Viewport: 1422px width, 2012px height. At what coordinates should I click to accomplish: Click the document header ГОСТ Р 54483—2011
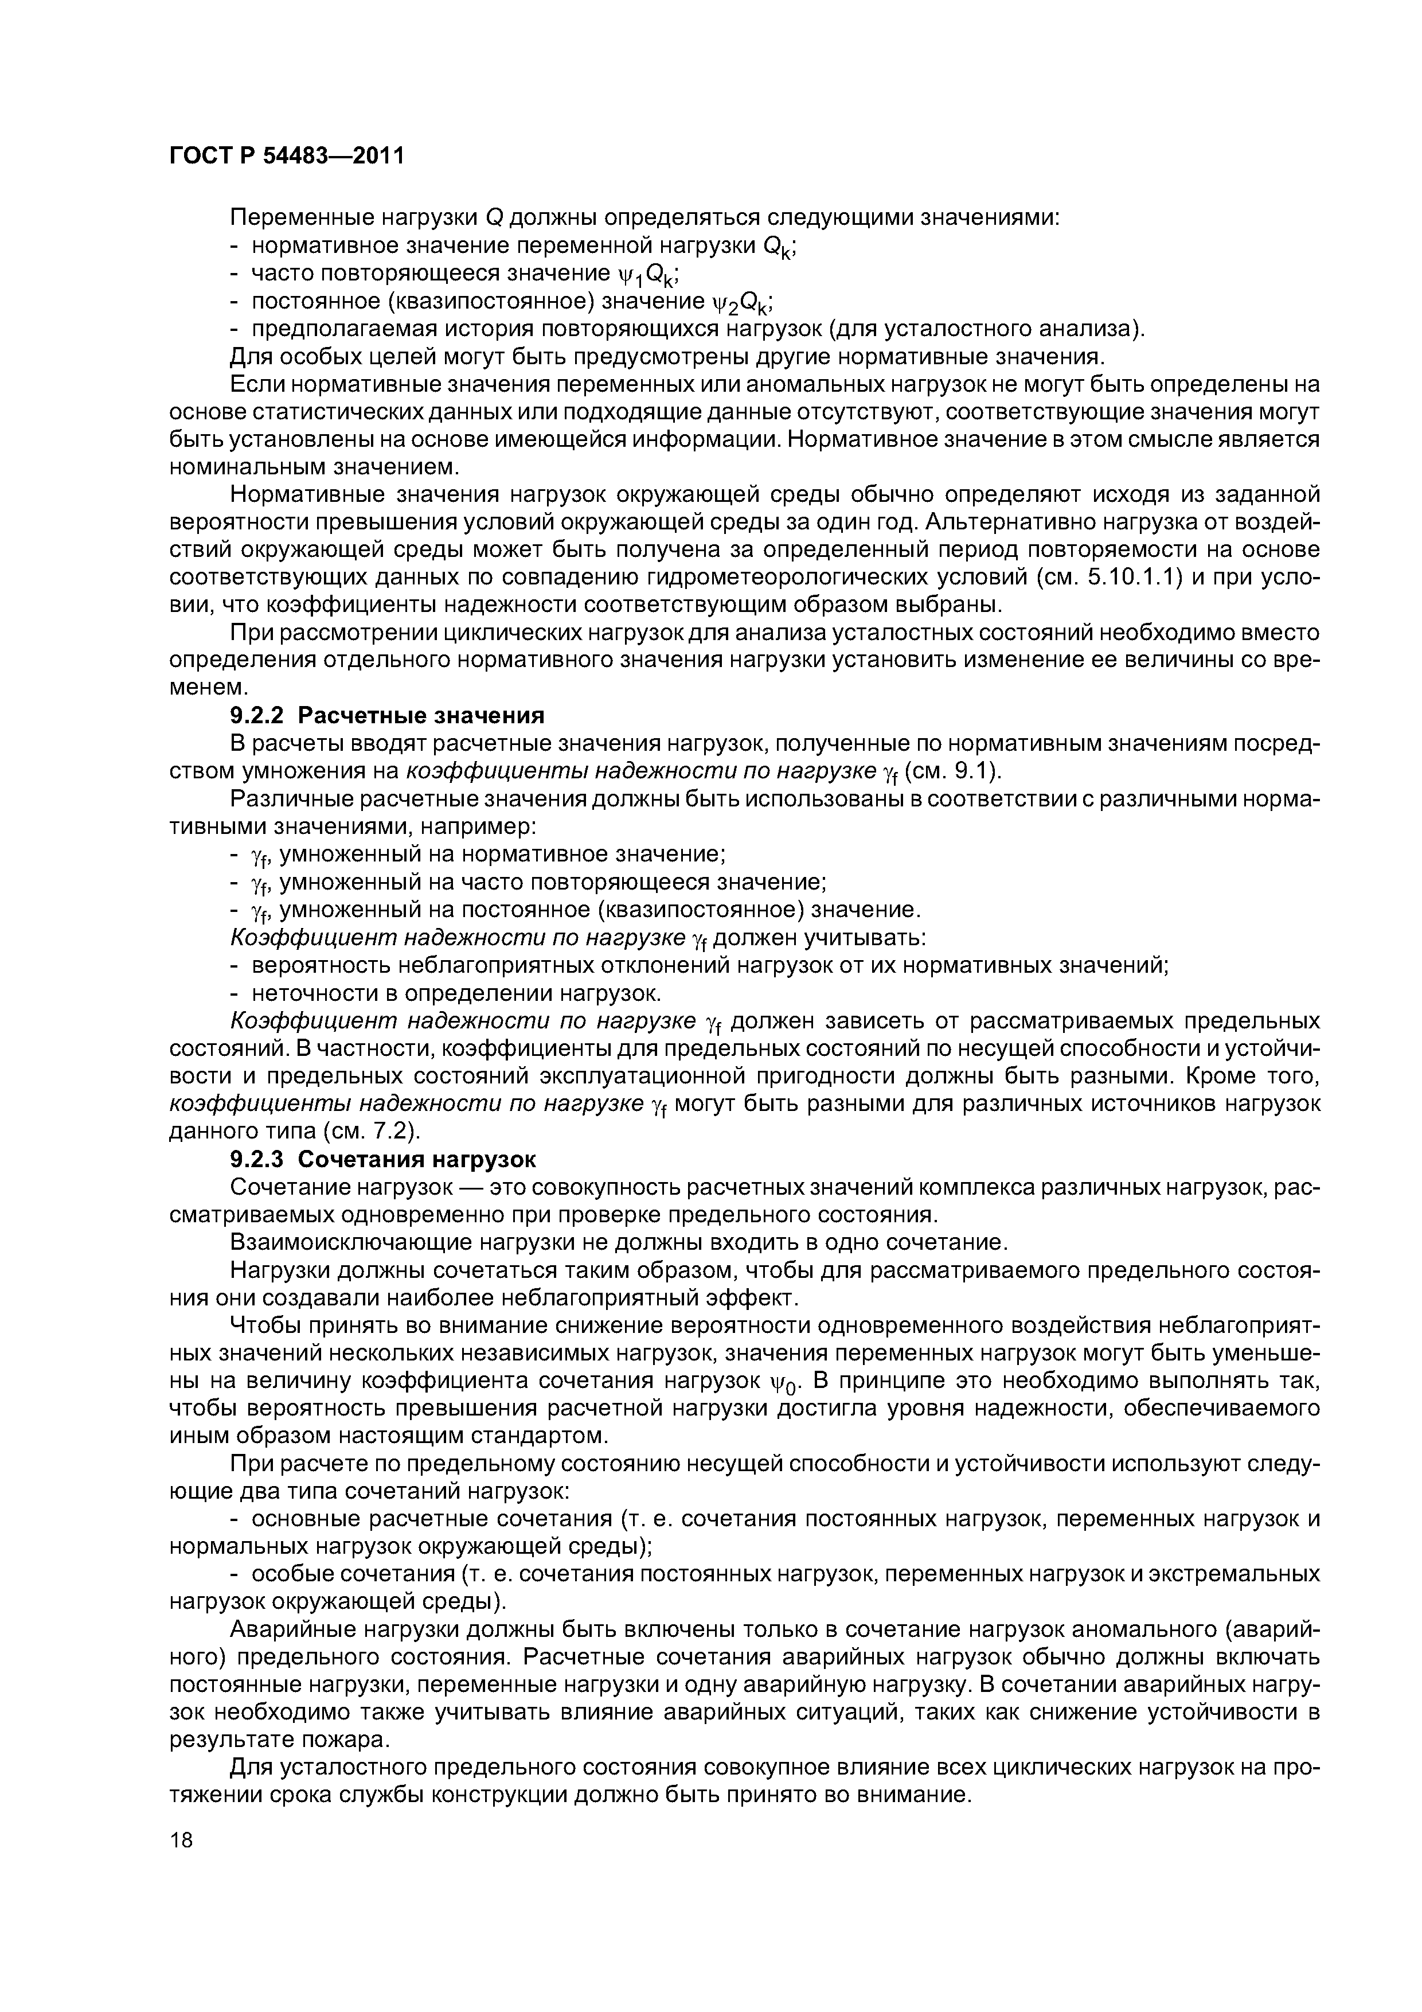pyautogui.click(x=287, y=156)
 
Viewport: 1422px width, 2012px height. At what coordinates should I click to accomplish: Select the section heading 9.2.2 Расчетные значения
pyautogui.click(x=386, y=716)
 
